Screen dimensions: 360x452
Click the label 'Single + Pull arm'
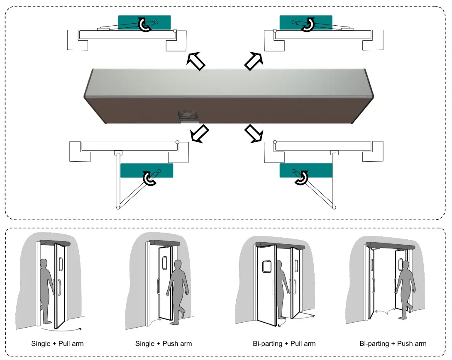57,343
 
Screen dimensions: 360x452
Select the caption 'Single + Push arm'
164,343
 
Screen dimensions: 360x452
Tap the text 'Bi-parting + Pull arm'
284,343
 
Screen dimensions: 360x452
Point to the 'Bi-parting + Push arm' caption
393,343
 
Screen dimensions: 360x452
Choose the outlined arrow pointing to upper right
254,61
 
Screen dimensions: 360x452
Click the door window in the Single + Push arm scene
164,262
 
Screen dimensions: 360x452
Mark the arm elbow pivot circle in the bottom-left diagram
118,207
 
